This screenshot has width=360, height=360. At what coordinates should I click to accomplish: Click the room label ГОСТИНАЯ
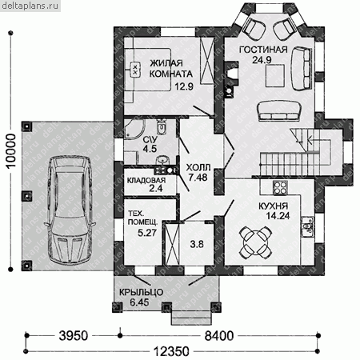(x=263, y=50)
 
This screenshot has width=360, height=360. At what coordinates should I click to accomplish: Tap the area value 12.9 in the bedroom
(x=184, y=86)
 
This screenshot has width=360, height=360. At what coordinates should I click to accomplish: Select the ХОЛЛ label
(x=198, y=167)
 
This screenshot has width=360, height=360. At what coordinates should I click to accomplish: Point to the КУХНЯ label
(x=273, y=206)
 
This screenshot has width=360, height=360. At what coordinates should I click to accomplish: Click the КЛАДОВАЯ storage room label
(x=146, y=181)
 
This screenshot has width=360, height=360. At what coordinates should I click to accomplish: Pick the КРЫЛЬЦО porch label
(x=141, y=292)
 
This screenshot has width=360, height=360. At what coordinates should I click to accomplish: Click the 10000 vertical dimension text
(x=11, y=150)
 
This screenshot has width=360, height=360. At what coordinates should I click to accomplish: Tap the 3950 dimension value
(x=74, y=336)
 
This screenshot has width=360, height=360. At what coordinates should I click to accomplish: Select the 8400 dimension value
(x=219, y=336)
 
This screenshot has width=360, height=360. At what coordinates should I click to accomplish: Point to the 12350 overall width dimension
(x=171, y=351)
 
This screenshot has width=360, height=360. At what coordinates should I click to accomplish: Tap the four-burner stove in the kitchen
(x=280, y=188)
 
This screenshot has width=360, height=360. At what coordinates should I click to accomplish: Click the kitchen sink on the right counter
(x=307, y=226)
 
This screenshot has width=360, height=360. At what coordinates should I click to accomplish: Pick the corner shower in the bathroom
(x=135, y=129)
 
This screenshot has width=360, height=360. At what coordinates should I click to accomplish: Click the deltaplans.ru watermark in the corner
(x=30, y=6)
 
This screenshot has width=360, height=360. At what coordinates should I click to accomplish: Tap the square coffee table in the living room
(x=275, y=76)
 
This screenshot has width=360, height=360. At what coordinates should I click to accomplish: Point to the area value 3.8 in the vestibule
(x=197, y=244)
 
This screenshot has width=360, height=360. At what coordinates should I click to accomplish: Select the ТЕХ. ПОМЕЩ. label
(x=142, y=218)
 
